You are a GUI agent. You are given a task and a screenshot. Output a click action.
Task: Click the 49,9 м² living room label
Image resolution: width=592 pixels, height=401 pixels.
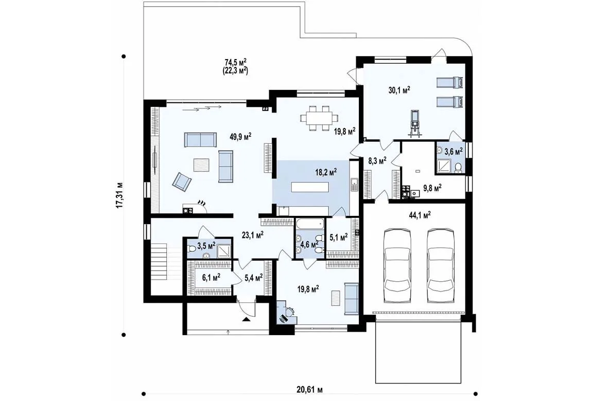241,136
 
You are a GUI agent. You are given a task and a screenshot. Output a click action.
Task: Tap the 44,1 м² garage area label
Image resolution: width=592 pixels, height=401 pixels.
420,215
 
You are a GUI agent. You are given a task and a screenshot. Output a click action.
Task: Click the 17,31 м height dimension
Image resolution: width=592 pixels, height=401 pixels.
119,195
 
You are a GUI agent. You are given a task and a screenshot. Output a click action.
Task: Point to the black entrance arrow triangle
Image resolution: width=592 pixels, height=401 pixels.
246,319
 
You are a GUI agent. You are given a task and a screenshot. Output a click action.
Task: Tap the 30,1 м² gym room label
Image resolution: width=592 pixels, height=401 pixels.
399,89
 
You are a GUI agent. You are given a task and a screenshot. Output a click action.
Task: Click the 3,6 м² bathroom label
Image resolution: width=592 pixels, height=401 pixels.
454,152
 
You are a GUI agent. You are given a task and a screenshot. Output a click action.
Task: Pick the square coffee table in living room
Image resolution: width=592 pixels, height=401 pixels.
201,165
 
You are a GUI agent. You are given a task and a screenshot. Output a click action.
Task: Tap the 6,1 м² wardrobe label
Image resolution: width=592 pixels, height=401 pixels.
211,278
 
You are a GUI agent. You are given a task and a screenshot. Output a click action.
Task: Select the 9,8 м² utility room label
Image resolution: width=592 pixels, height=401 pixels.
432,188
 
